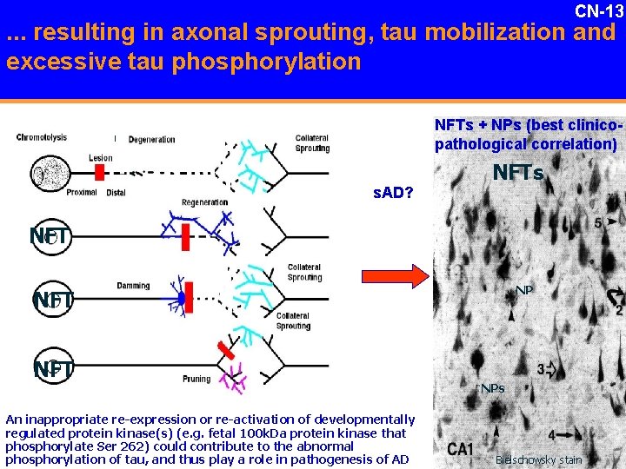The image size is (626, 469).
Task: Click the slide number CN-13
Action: pos(599,11)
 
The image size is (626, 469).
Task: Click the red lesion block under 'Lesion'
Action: pos(100,172)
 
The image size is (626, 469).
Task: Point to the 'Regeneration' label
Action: pos(204,202)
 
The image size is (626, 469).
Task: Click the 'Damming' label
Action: pos(132,286)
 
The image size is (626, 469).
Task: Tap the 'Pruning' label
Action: pos(196,379)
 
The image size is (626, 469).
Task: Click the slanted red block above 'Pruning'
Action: pos(226,351)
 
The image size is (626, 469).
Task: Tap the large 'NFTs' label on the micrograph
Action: pos(517,174)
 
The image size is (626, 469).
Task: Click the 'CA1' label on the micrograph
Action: pos(460,449)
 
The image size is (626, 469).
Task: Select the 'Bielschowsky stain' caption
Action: pos(538,460)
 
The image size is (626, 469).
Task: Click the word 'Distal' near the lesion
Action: pos(116,192)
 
